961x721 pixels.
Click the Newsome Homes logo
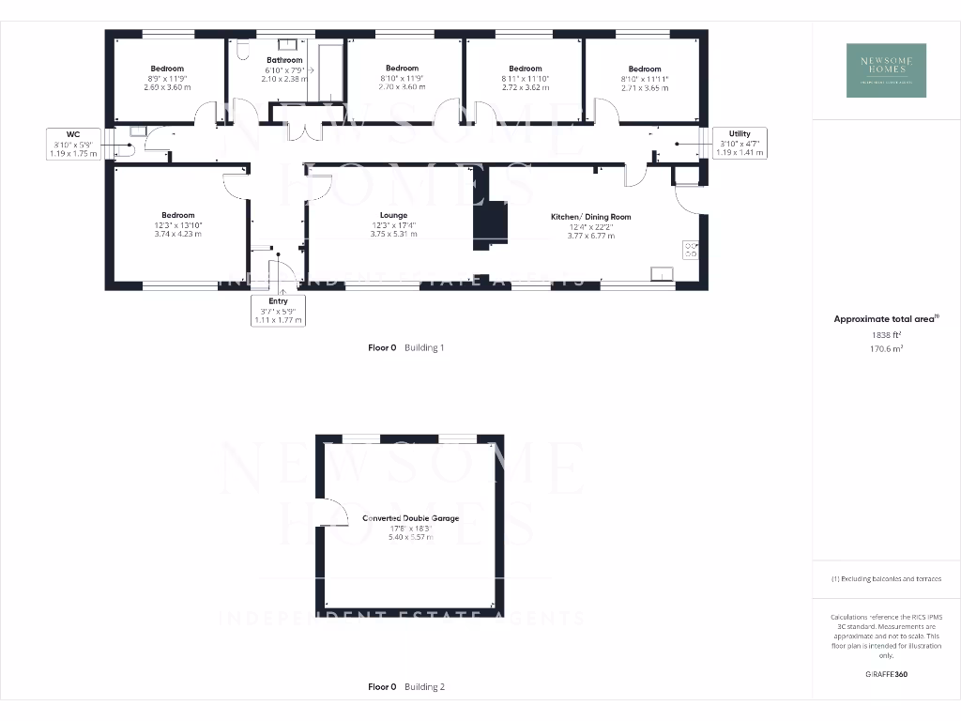[886, 70]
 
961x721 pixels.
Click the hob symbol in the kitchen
[692, 250]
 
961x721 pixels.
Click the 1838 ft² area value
[885, 334]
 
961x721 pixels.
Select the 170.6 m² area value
[885, 348]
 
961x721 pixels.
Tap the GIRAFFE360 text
[885, 674]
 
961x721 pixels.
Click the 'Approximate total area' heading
[885, 319]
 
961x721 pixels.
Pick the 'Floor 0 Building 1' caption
[405, 347]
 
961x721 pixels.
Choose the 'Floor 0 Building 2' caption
[405, 687]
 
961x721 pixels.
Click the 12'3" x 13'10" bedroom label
[177, 224]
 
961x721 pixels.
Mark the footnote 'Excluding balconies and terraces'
[885, 579]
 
